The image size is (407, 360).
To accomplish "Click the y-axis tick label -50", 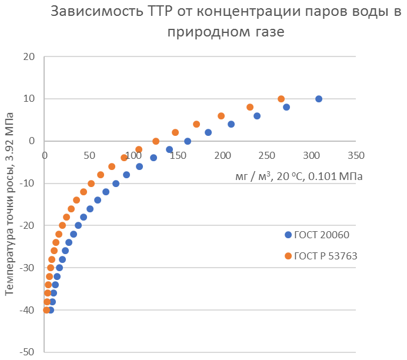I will [27, 352].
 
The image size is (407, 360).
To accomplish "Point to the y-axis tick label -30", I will [27, 268].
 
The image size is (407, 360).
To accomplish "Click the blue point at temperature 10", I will [319, 99].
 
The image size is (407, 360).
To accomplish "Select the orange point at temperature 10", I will [281, 99].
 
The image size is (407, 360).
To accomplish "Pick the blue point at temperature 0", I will [188, 141].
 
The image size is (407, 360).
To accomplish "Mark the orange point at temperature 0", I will [156, 141].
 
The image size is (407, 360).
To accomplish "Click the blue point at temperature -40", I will [51, 310].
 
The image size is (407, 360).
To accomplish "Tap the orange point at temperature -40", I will [46, 310].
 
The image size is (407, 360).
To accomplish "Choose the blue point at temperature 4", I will [231, 124].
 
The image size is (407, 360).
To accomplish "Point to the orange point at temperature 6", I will [221, 116].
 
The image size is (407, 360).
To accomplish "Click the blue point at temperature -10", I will [116, 184].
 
